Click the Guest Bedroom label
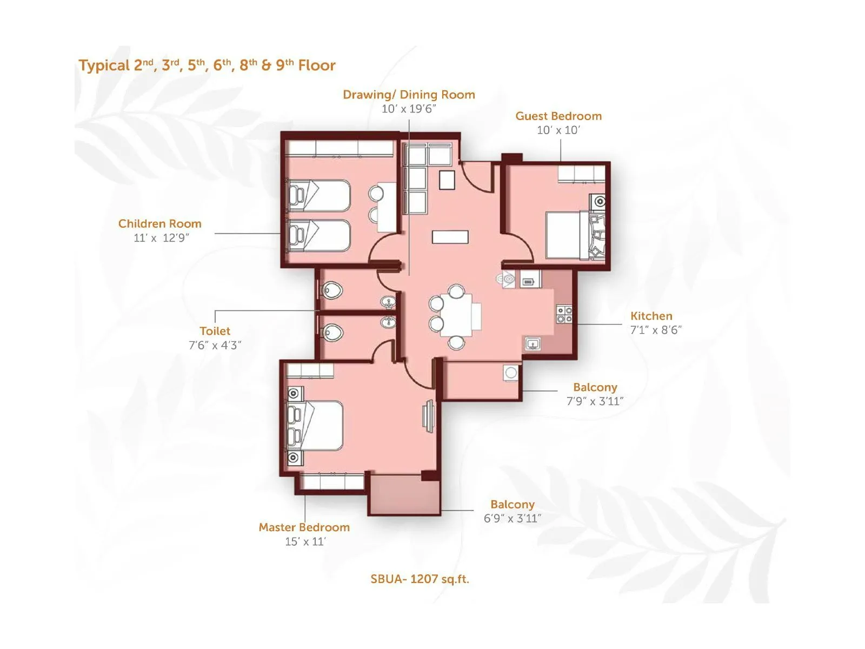(558, 116)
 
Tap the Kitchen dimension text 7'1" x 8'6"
(656, 330)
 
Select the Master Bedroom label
(304, 527)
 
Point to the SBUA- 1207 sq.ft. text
(420, 579)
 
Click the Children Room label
(159, 224)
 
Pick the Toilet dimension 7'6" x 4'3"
(215, 345)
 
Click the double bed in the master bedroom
(319, 426)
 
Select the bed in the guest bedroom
(565, 235)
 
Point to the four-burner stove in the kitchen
(564, 315)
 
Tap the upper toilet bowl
(332, 291)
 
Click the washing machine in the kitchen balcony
(511, 373)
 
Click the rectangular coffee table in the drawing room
(450, 237)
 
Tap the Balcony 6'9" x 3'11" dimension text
(512, 519)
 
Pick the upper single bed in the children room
(319, 196)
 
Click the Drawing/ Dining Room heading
(409, 95)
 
